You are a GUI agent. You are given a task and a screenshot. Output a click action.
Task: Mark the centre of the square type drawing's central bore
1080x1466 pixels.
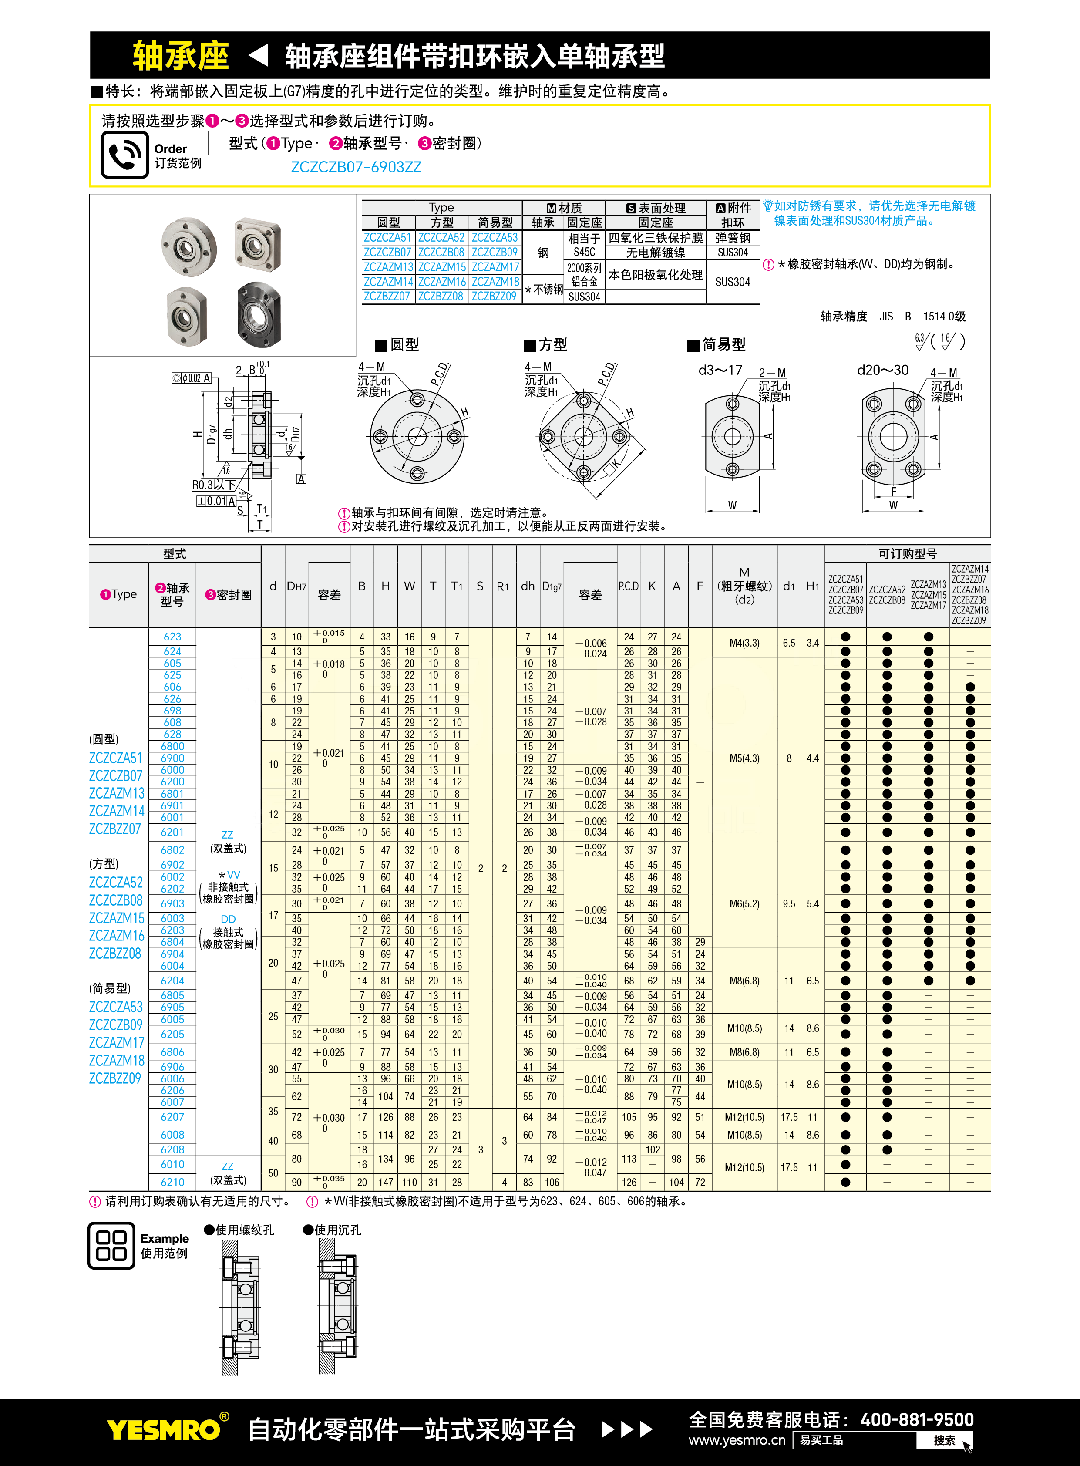click(583, 437)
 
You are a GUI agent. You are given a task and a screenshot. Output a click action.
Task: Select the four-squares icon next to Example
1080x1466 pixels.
click(111, 1245)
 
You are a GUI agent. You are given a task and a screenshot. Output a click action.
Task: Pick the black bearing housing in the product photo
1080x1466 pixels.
click(259, 314)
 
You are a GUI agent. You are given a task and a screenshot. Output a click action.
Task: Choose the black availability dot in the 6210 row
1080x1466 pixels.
click(845, 1182)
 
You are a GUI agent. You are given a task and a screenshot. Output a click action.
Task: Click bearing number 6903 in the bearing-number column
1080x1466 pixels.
click(172, 903)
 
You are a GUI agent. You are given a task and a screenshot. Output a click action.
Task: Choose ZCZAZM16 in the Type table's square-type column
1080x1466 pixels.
click(442, 282)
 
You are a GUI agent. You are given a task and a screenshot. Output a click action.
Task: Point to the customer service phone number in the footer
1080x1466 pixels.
click(917, 1419)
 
